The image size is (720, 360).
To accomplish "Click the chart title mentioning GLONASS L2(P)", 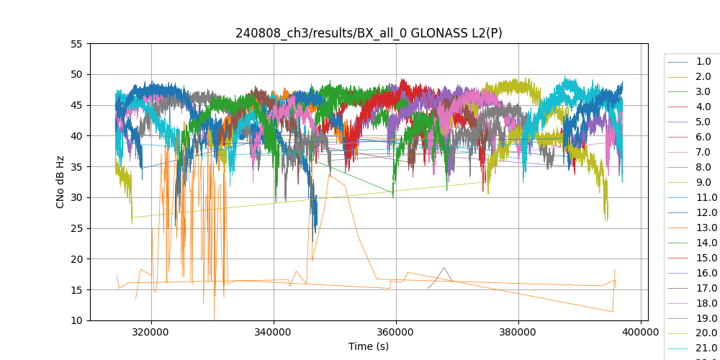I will click(369, 34).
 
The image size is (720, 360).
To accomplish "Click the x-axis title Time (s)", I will click(369, 346).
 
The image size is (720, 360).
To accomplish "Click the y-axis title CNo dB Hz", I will click(60, 182).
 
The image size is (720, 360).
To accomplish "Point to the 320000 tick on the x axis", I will click(151, 333).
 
